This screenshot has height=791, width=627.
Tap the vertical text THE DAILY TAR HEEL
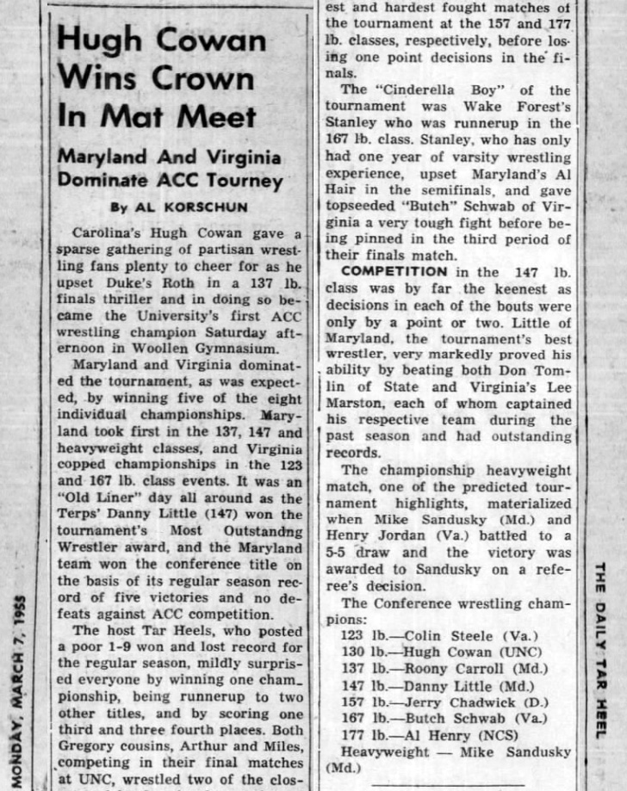(599, 651)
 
